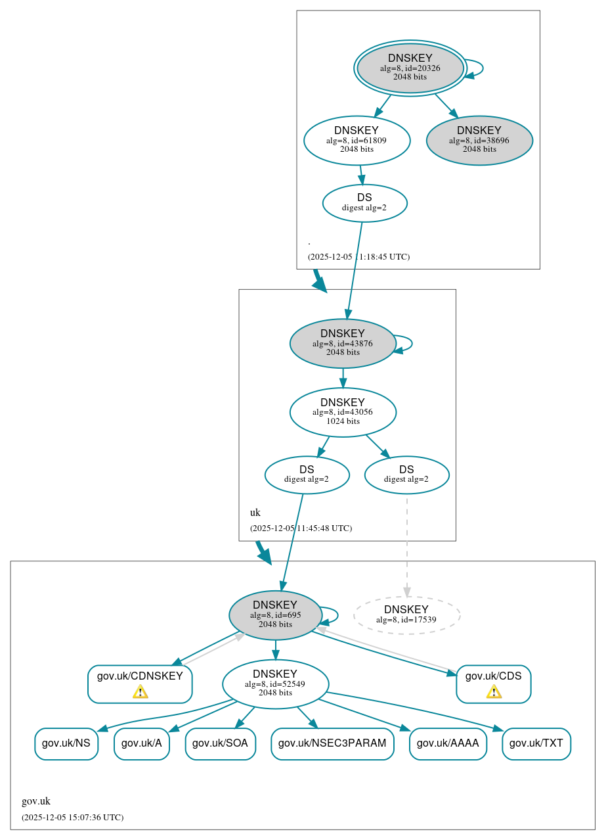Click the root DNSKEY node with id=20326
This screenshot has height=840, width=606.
click(x=410, y=68)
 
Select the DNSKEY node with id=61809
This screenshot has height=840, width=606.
click(x=357, y=140)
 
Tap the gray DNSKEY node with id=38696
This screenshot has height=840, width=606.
click(x=479, y=140)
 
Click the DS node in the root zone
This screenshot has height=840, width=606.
click(x=364, y=203)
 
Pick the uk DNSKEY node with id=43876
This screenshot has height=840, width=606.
click(x=343, y=343)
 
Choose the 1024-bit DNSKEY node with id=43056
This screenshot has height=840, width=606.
click(x=343, y=412)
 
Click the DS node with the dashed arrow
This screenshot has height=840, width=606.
click(x=406, y=475)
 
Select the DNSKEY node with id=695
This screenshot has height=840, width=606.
click(x=275, y=615)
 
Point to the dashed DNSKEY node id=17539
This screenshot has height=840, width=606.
click(x=406, y=615)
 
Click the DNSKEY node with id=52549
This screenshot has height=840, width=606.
click(x=275, y=684)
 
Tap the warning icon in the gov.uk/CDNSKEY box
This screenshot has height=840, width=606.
click(x=140, y=691)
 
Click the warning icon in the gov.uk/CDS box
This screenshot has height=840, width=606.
click(x=494, y=691)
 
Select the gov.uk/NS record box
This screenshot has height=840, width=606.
click(x=66, y=744)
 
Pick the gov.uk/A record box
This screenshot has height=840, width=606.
click(x=142, y=744)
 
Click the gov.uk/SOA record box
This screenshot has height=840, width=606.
click(x=220, y=744)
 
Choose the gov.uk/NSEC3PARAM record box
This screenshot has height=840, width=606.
click(x=332, y=744)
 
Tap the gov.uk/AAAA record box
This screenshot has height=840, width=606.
click(x=448, y=744)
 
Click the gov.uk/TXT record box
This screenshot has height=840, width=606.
click(x=536, y=744)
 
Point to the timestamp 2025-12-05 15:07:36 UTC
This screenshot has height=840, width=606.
click(x=72, y=818)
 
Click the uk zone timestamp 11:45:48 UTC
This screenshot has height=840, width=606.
click(x=301, y=528)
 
